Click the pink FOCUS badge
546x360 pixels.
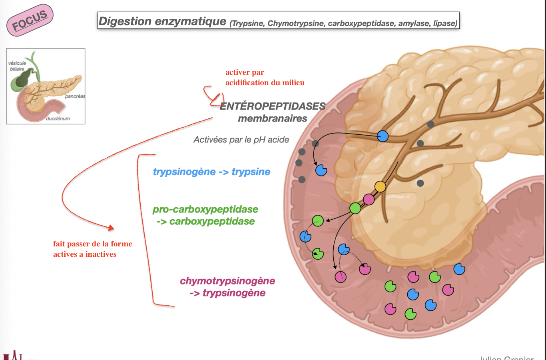point(30,20)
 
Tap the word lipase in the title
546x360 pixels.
point(445,23)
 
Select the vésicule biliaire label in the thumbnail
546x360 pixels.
point(17,66)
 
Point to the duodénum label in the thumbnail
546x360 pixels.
point(58,119)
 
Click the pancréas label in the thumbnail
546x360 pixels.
point(75,96)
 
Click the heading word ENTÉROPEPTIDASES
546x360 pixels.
point(273,106)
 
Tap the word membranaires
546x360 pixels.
point(273,118)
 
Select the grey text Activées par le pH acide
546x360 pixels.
point(241,140)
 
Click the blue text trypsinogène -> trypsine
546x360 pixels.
point(211,172)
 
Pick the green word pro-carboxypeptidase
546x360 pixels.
point(205,209)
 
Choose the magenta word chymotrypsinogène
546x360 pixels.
point(227,281)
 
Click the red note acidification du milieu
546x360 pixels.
point(265,83)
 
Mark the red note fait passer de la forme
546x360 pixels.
point(92,244)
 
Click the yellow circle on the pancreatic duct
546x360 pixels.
point(380,186)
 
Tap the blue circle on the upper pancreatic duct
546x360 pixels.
point(383,136)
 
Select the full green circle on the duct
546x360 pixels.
point(355,208)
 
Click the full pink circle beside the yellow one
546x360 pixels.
point(369,199)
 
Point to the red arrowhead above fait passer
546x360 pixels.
point(111,228)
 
